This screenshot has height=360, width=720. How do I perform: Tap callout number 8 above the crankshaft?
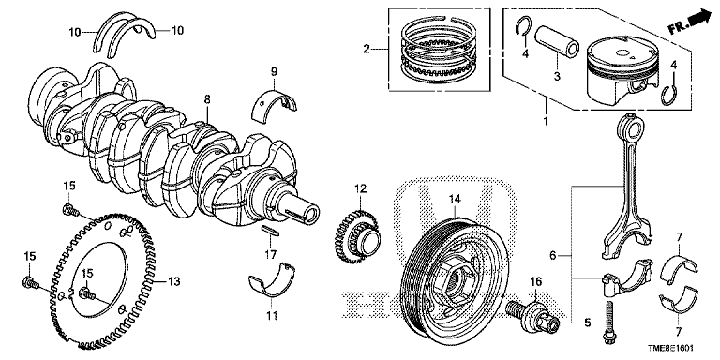pos(207,98)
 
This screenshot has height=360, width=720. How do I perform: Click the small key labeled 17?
pos(270,231)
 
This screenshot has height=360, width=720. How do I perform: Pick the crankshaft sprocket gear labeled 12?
pos(356,235)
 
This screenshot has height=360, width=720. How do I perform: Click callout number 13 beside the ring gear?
pos(174,280)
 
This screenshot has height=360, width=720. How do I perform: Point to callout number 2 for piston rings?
pos(366,49)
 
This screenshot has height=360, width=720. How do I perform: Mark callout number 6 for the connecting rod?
pos(553,255)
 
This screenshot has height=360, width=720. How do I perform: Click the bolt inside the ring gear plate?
pos(87,292)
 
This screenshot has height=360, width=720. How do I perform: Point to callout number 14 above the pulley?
pos(454,199)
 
